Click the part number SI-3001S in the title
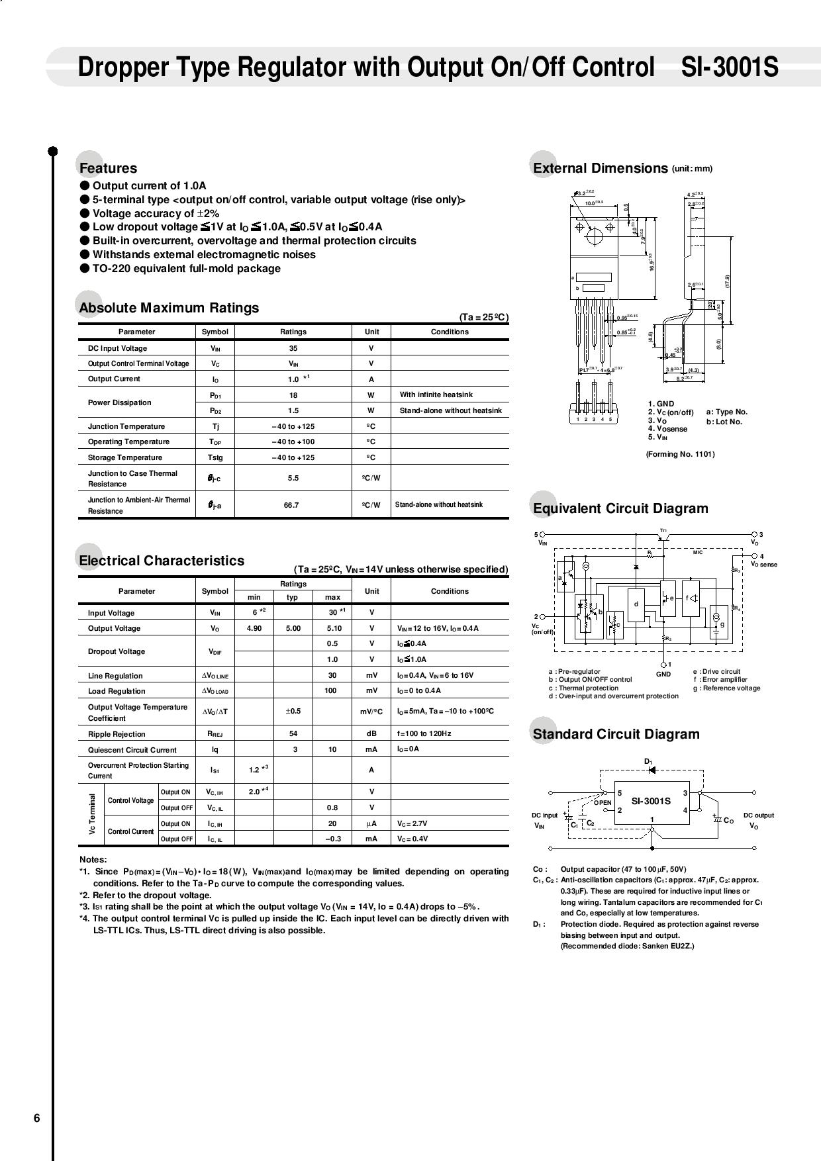pyautogui.click(x=730, y=68)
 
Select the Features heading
pyautogui.click(x=108, y=168)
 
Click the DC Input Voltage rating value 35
pyautogui.click(x=293, y=348)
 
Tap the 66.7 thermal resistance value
pyautogui.click(x=291, y=505)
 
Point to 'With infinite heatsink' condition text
pyautogui.click(x=436, y=395)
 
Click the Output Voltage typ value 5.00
pyautogui.click(x=293, y=628)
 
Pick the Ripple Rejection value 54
pyautogui.click(x=293, y=733)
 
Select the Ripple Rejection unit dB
pyautogui.click(x=371, y=733)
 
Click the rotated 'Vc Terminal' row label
pyautogui.click(x=92, y=815)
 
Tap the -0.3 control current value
pyautogui.click(x=332, y=839)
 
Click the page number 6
pyautogui.click(x=37, y=1118)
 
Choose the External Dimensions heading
pyautogui.click(x=600, y=168)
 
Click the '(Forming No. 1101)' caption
pyautogui.click(x=680, y=454)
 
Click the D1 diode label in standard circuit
pyautogui.click(x=649, y=762)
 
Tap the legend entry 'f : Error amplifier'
pyautogui.click(x=720, y=679)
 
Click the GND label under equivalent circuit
pyautogui.click(x=663, y=674)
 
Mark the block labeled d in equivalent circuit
pyautogui.click(x=636, y=605)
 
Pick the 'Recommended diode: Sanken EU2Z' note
pyautogui.click(x=627, y=946)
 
